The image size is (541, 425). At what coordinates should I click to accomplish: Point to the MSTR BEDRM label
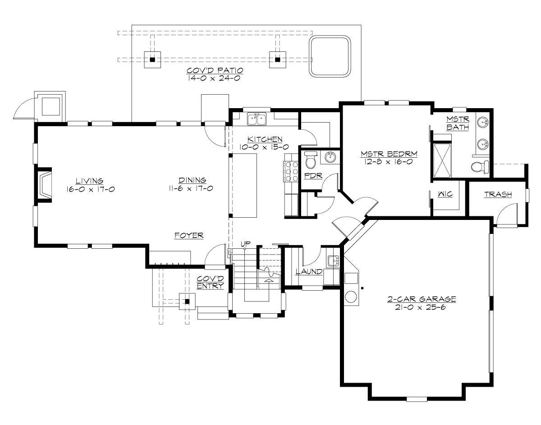[x=389, y=154]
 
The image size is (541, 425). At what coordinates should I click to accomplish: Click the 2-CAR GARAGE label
[x=422, y=299]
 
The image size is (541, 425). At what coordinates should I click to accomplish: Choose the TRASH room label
[x=498, y=195]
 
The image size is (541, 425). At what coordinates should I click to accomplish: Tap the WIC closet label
[x=445, y=194]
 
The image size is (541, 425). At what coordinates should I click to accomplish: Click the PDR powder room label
[x=312, y=175]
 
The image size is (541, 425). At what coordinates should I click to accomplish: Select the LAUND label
[x=309, y=272]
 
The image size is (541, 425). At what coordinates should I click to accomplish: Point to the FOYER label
[x=189, y=235]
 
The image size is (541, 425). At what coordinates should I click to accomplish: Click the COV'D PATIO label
[x=215, y=71]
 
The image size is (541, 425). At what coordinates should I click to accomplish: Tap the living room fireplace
[x=45, y=183]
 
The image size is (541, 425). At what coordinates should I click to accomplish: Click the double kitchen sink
[x=257, y=119]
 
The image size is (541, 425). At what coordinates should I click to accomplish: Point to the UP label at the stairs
[x=245, y=244]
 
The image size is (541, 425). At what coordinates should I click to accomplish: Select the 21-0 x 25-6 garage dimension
[x=422, y=307]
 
